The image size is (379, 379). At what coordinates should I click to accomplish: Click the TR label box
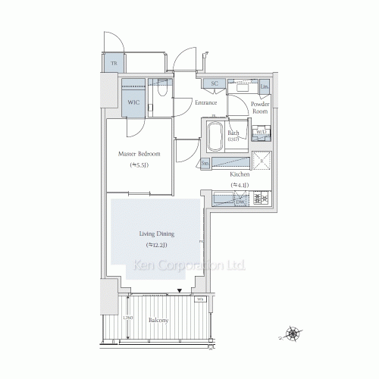coord(113,63)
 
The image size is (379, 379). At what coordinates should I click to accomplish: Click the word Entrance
coord(206,102)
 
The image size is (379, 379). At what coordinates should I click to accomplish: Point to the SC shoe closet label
coord(215,83)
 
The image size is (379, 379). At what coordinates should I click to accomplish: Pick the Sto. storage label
coord(205,163)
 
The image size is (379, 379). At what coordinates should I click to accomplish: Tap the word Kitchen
coord(240,174)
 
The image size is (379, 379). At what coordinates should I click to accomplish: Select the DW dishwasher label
coord(240,202)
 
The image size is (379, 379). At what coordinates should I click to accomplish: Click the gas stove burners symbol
coord(262,199)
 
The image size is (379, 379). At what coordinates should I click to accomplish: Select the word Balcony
coord(158,321)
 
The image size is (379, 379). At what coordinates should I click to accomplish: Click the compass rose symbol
coord(292,331)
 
